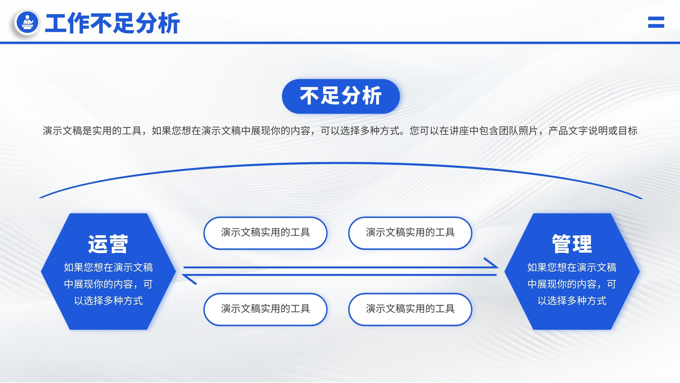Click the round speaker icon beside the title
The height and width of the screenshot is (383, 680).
tap(27, 22)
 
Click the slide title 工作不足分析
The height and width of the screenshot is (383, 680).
tap(112, 23)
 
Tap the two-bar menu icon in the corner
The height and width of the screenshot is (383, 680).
tap(656, 22)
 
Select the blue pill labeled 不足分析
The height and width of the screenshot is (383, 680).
tap(340, 96)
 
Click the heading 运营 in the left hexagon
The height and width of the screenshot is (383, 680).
tap(108, 244)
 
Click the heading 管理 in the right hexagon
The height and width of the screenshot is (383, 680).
tap(572, 244)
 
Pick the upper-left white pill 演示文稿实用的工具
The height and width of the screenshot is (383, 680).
tap(265, 233)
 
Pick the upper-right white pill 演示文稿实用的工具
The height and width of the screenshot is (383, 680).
tap(410, 233)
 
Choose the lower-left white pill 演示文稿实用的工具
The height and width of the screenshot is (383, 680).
tap(265, 309)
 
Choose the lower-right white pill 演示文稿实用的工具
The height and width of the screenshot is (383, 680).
tap(410, 309)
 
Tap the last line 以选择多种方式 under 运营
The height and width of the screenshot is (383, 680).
tap(108, 300)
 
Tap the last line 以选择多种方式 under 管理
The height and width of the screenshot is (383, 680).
tap(572, 300)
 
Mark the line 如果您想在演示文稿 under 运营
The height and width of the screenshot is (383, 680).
tap(108, 268)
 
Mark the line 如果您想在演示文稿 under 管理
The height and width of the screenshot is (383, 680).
tap(572, 268)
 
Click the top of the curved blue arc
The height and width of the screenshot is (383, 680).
tap(340, 163)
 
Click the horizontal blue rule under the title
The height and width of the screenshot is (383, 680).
tap(340, 43)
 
